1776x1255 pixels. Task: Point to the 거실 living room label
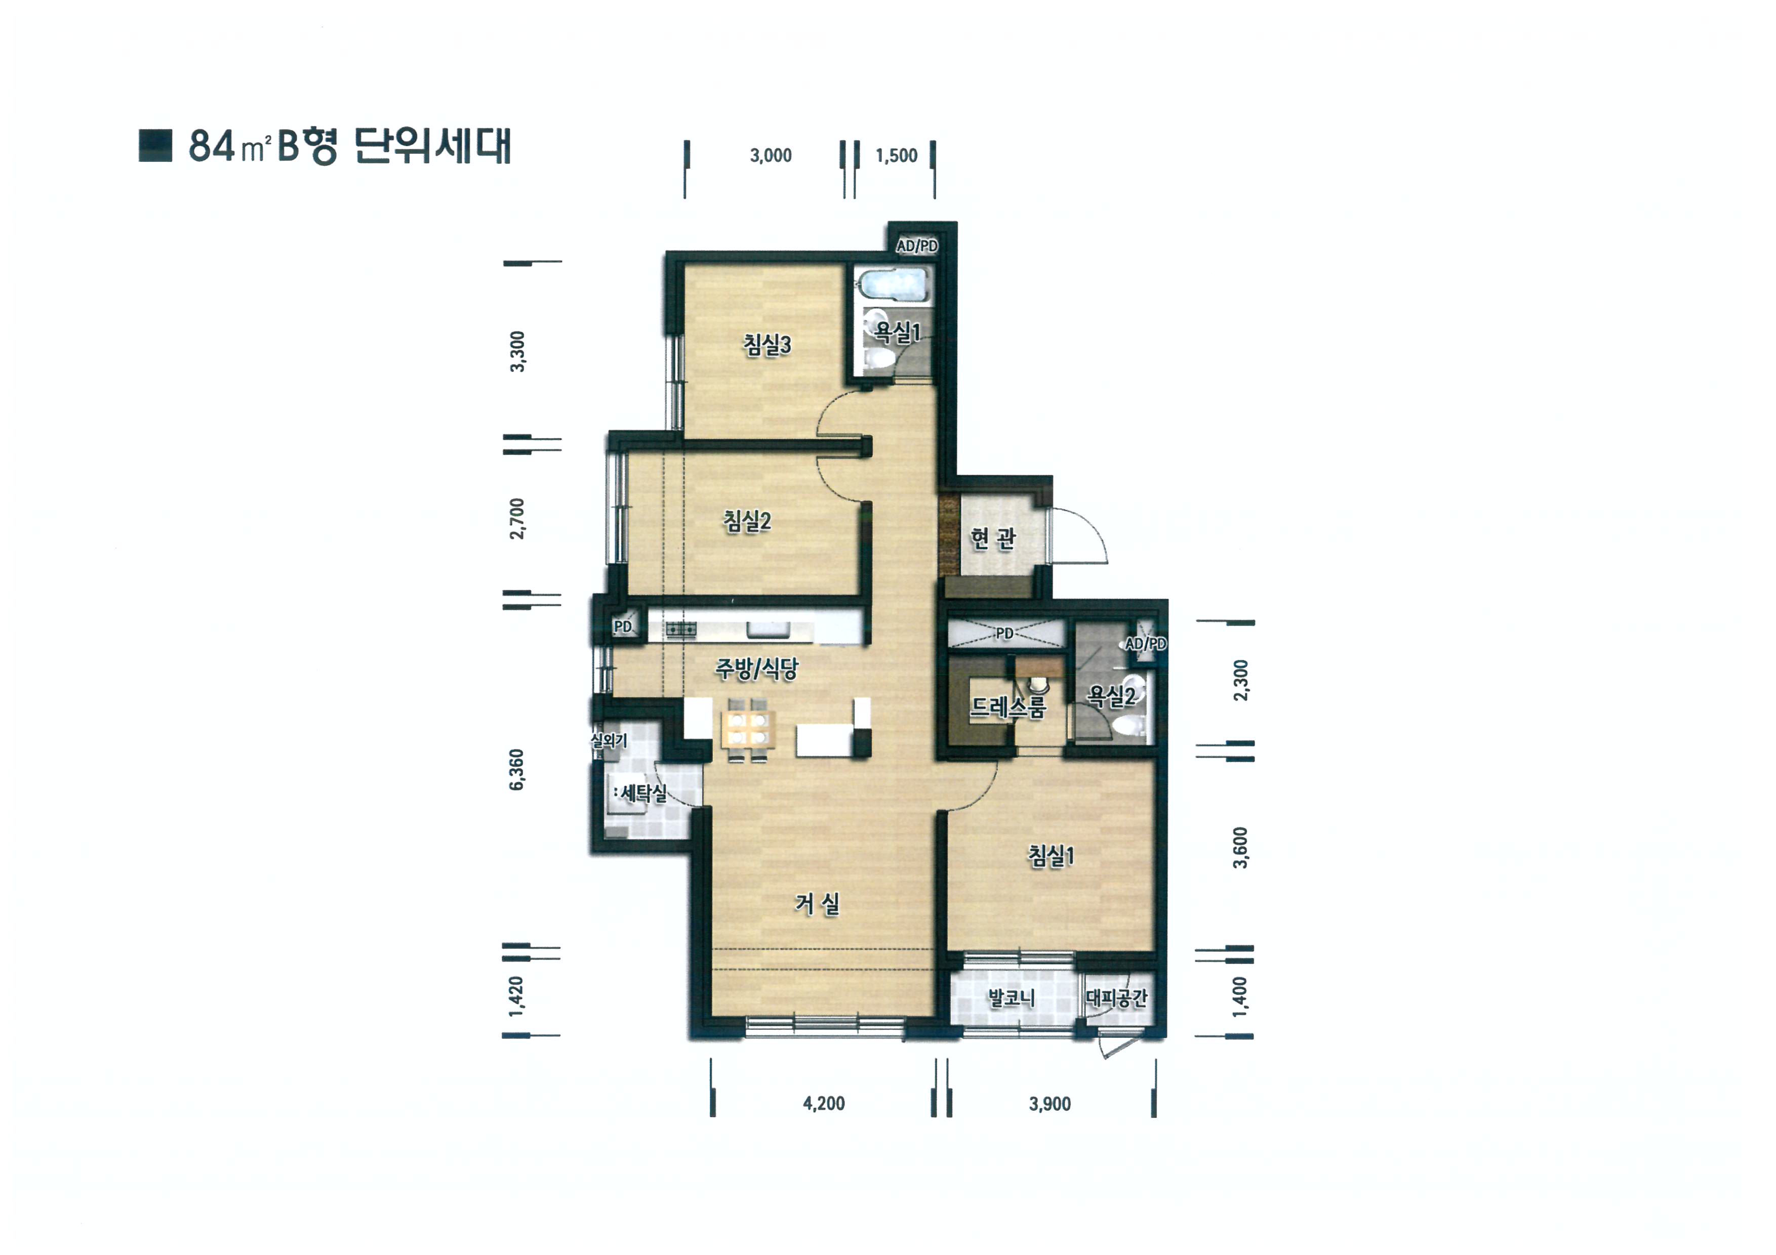coord(817,903)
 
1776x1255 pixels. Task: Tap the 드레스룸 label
coord(1008,707)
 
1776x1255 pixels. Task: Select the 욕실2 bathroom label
coord(1111,696)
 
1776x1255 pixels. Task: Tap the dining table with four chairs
coord(748,730)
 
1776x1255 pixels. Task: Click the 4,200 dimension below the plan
coord(824,1104)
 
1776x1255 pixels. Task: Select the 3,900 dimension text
coord(1050,1104)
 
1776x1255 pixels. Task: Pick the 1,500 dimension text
coord(897,155)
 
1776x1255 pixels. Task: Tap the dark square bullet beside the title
coord(155,145)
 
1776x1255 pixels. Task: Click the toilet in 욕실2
coord(1128,725)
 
